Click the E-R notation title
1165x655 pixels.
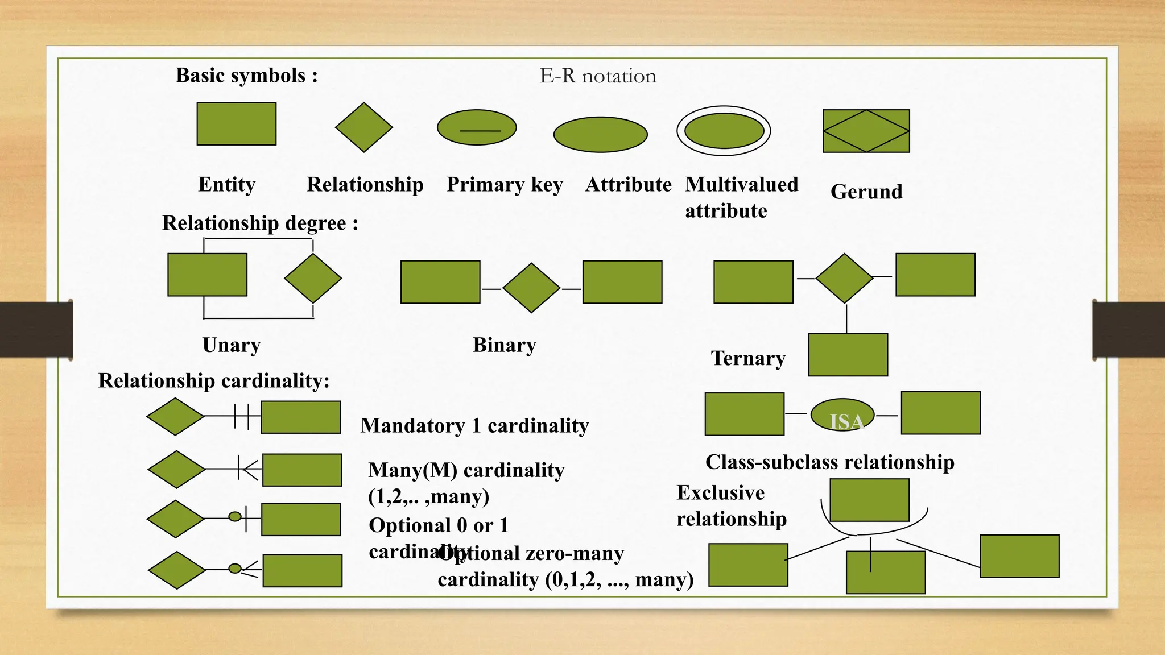(x=597, y=76)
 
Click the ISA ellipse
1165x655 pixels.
(x=842, y=416)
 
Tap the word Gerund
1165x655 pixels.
(x=866, y=192)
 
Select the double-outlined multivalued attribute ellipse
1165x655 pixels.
(x=724, y=131)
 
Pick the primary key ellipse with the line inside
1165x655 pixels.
(x=477, y=127)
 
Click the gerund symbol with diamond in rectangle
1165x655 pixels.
(x=866, y=131)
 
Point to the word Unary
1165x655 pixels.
(x=232, y=345)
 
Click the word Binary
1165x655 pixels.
(x=505, y=345)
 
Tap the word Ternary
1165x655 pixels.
(x=748, y=358)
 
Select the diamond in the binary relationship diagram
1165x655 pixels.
(x=531, y=288)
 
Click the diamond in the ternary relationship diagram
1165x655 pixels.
(x=844, y=278)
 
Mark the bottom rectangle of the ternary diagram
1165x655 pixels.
(x=848, y=355)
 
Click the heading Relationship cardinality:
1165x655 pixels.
(x=214, y=380)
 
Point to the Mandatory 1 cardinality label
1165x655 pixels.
(x=474, y=425)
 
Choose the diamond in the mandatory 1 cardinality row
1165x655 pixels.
(x=175, y=416)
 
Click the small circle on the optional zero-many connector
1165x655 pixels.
(x=235, y=568)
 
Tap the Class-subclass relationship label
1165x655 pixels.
(x=829, y=462)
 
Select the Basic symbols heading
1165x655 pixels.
(x=246, y=76)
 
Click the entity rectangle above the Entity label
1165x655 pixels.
(x=237, y=124)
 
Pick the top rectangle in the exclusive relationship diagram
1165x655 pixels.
(x=869, y=500)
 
